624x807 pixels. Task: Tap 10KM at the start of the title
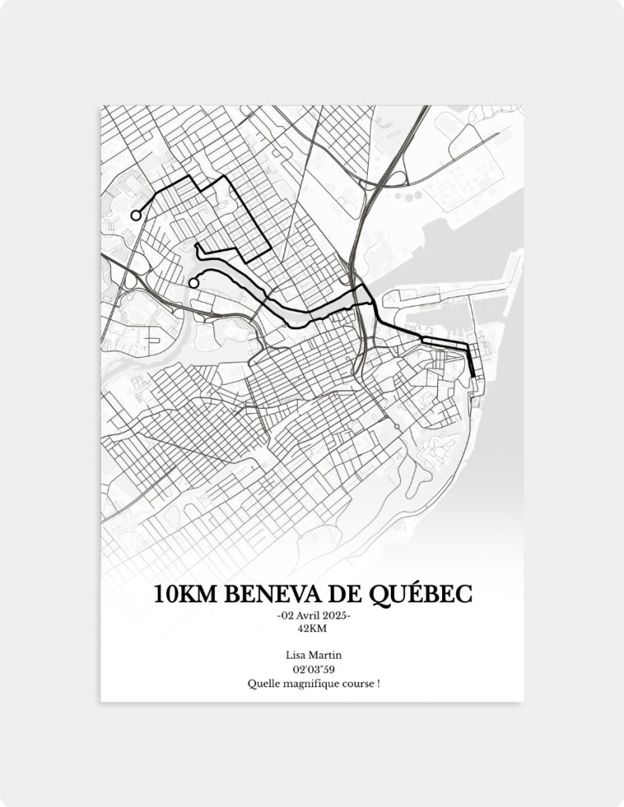185,593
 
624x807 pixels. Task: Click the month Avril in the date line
310,615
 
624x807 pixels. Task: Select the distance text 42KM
312,628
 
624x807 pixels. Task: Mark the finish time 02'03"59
312,669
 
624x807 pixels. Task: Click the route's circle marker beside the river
193,283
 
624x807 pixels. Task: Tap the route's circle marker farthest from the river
136,215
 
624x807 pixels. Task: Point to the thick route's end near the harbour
473,375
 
